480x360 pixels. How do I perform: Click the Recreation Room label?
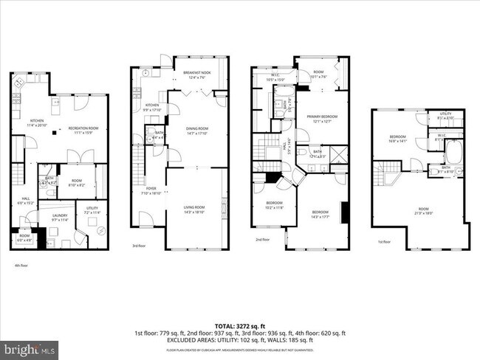point(83,130)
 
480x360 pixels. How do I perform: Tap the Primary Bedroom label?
point(323,120)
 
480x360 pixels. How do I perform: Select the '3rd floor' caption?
point(139,246)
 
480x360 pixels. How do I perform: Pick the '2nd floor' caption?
point(263,240)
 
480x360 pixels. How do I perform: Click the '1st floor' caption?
point(383,241)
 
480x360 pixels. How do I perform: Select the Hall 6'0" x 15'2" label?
point(25,200)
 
